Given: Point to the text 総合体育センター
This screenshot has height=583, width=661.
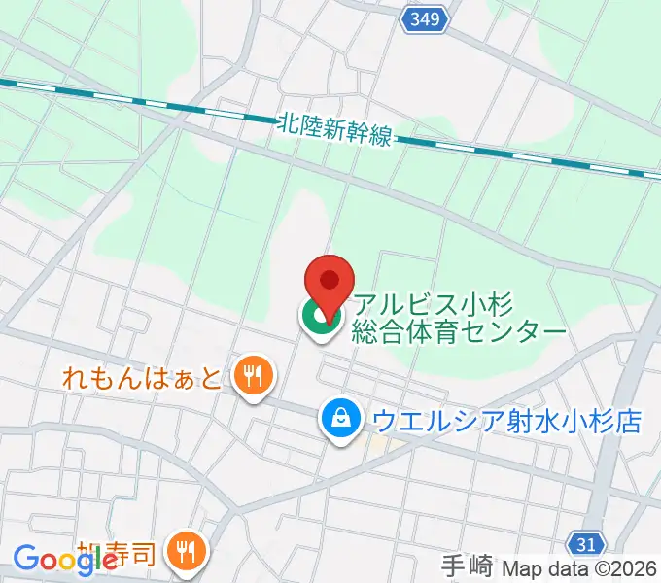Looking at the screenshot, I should [x=460, y=331].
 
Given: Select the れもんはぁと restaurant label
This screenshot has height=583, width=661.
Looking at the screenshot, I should [x=143, y=375].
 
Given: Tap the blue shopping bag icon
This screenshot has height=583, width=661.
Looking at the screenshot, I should [x=341, y=420].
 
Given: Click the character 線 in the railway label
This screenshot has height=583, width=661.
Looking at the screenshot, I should [x=380, y=136].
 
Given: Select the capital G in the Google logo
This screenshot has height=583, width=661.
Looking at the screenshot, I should [x=26, y=560].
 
